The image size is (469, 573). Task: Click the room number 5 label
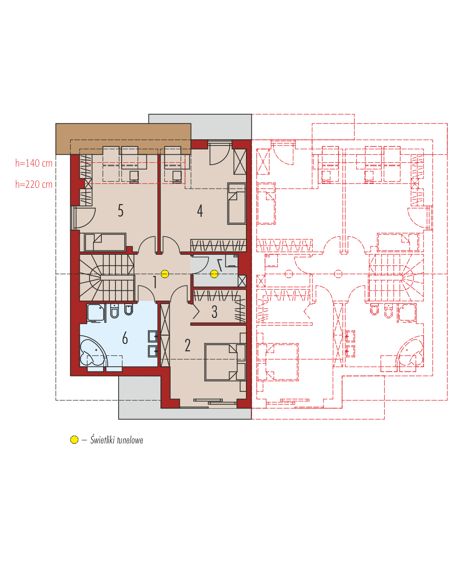pos(120,211)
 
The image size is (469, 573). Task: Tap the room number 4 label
pos(200,211)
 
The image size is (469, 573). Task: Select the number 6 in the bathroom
pos(125,338)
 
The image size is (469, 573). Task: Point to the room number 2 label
pos(187,345)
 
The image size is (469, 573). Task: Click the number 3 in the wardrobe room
pos(214,312)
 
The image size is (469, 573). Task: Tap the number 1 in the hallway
pos(155,282)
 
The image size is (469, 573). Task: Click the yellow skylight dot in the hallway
pos(165,274)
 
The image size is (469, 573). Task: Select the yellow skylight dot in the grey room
pos(214,274)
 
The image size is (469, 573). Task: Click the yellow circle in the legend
pos(74,439)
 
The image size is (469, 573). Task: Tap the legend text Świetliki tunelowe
pos(116,439)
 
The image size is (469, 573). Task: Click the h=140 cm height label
pos(33,163)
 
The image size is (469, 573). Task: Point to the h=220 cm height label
pos(33,184)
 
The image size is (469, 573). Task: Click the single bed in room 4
pos(237,204)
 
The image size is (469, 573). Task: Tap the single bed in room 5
pos(105,242)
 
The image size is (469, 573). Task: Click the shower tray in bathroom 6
pos(96,313)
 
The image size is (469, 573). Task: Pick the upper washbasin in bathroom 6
pos(153,336)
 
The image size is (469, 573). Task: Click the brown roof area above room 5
pos(123,139)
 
